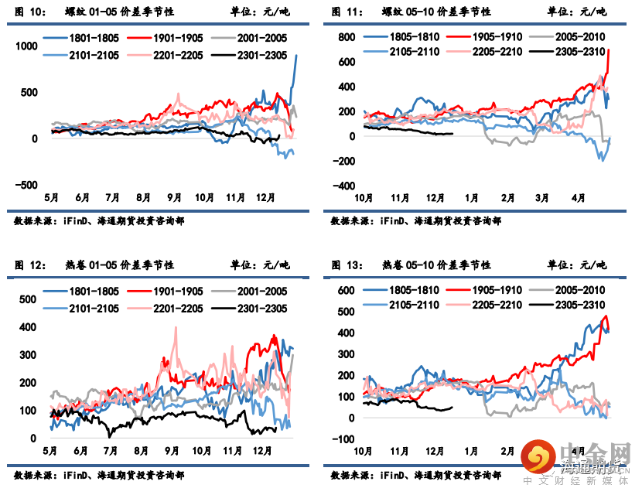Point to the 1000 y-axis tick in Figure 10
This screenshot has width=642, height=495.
tap(26, 46)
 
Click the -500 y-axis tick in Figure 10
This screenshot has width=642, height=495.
tap(26, 185)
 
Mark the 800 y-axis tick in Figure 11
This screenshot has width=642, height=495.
tap(344, 37)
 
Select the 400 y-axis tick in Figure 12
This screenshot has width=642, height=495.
tap(29, 327)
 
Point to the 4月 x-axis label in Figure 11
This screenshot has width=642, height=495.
tap(577, 198)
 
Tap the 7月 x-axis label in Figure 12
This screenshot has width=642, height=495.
tap(110, 451)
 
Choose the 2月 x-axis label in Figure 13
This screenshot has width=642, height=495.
tap(507, 451)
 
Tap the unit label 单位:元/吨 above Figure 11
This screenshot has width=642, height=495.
tap(577, 12)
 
